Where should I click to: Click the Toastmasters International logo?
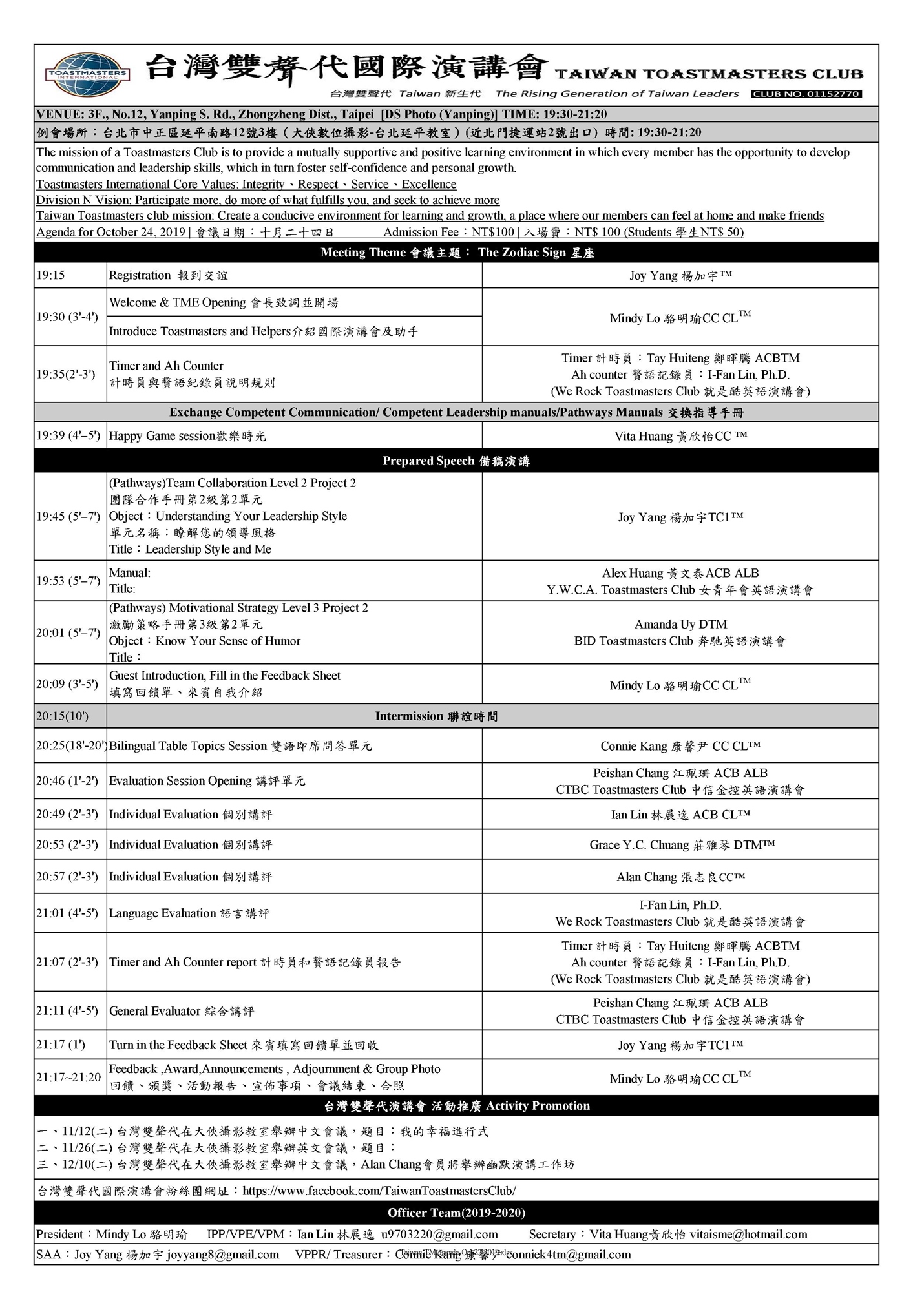(x=87, y=76)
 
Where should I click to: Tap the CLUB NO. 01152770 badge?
(x=806, y=94)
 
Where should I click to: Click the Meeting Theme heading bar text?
(x=456, y=253)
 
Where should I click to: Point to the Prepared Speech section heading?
(x=456, y=461)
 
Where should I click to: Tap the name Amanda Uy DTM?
(x=680, y=624)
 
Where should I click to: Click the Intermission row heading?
(x=436, y=716)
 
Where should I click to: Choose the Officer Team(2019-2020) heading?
(x=456, y=1213)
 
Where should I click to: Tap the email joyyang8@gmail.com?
(x=222, y=1255)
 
